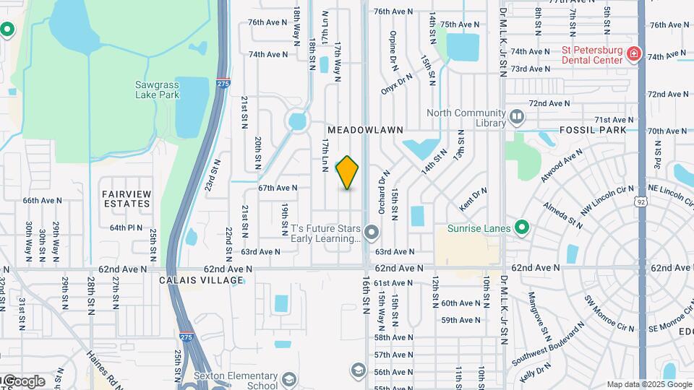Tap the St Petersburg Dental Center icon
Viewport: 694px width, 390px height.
pyautogui.click(x=634, y=55)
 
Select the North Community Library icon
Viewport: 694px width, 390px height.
pyautogui.click(x=517, y=116)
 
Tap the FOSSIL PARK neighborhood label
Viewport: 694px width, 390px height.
pyautogui.click(x=592, y=131)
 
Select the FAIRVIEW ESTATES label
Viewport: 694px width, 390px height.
pyautogui.click(x=127, y=199)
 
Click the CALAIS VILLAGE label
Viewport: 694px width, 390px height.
pyautogui.click(x=202, y=280)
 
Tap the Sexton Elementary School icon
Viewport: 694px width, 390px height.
pyautogui.click(x=289, y=380)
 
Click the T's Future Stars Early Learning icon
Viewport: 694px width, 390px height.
pyautogui.click(x=372, y=232)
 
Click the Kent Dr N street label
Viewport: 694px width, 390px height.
pyautogui.click(x=474, y=196)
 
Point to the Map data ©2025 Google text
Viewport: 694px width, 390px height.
pyautogui.click(x=648, y=385)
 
